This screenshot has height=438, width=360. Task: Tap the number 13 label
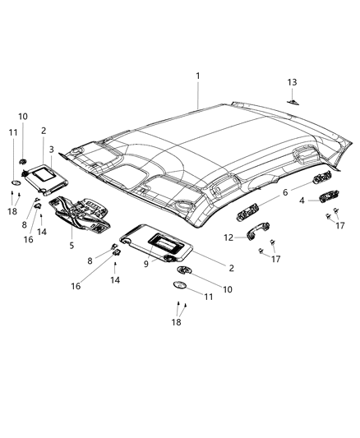coord(292,82)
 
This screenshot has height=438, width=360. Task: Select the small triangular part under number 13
coord(293,101)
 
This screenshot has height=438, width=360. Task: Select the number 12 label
coord(228,237)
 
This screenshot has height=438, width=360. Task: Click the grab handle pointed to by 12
coord(252,237)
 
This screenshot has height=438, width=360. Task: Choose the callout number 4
coord(302,200)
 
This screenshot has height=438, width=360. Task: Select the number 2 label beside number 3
coord(44,130)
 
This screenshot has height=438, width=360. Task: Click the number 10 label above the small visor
coord(22,117)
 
